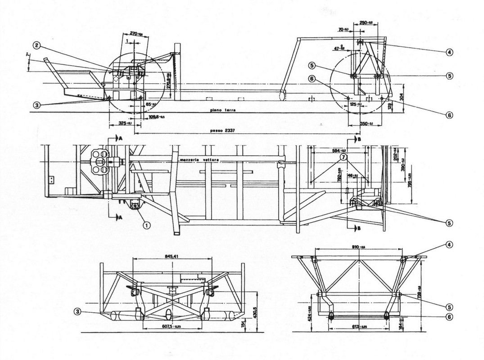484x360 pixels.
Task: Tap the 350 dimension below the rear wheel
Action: (365, 123)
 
